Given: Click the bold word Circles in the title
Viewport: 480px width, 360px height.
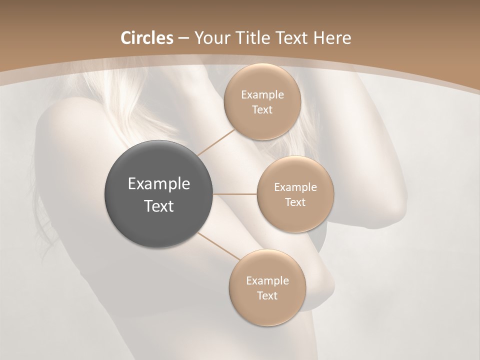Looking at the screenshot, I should click(x=146, y=38).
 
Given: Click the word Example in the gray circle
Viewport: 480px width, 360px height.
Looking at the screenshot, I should click(x=159, y=184).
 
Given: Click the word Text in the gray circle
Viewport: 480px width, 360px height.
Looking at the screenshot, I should click(x=159, y=206).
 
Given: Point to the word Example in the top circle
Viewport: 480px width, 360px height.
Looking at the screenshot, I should click(x=262, y=95).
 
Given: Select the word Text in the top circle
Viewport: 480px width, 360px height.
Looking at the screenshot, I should click(x=262, y=110).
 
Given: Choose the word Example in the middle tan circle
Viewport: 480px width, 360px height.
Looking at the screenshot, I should click(x=295, y=187).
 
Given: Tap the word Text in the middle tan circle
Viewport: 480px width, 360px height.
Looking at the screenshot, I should click(x=295, y=202).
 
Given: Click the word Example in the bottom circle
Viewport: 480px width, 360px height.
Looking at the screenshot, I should click(x=267, y=281).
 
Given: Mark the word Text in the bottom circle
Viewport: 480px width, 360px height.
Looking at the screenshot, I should click(x=267, y=296).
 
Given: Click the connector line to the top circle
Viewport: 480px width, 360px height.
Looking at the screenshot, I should click(x=216, y=142).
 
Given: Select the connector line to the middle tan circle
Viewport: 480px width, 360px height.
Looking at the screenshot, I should click(x=235, y=194).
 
